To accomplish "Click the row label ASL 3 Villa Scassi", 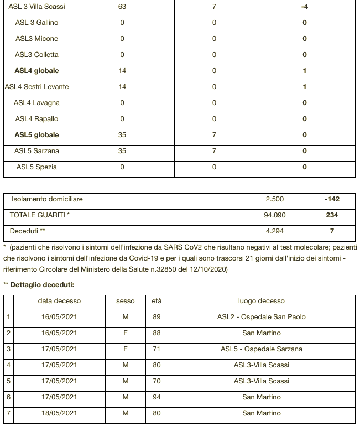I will click(x=36, y=7).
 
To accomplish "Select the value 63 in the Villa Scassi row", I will click(x=122, y=7).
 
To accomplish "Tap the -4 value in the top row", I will click(x=304, y=7).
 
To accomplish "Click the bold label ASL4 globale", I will click(x=36, y=71).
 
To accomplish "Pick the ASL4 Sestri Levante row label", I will click(x=36, y=87).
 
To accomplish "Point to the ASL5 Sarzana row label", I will click(x=36, y=151).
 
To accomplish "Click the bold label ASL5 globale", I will click(x=36, y=135).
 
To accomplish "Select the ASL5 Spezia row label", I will click(x=36, y=167).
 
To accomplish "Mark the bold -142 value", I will click(x=332, y=199).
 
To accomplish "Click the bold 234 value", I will click(x=332, y=215).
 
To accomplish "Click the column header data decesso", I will click(x=59, y=301).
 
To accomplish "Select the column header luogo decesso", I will click(x=261, y=301).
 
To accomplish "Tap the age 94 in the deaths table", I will click(x=156, y=397).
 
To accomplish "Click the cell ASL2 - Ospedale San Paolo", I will click(x=261, y=317).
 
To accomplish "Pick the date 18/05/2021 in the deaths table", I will click(x=59, y=413).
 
